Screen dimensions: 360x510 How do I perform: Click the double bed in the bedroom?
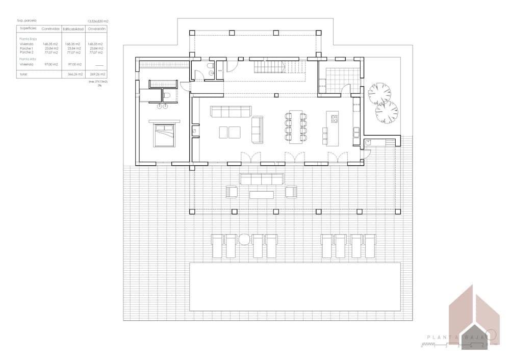tap(164, 135)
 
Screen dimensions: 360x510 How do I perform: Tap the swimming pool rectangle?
tap(295, 287)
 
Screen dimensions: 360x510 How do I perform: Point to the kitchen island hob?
tap(335, 119)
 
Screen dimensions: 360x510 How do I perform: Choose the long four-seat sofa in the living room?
tap(231, 111)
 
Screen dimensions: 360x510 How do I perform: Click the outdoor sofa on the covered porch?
tap(261, 179)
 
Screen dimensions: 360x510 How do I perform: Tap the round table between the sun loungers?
tap(244, 239)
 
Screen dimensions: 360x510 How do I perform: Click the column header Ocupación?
tap(96, 29)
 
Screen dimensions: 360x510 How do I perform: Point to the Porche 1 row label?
tap(27, 48)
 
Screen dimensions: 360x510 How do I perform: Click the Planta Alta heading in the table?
tap(28, 59)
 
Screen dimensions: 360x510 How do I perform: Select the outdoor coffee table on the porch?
tap(261, 193)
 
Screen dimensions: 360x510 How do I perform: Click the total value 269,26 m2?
tap(96, 74)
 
